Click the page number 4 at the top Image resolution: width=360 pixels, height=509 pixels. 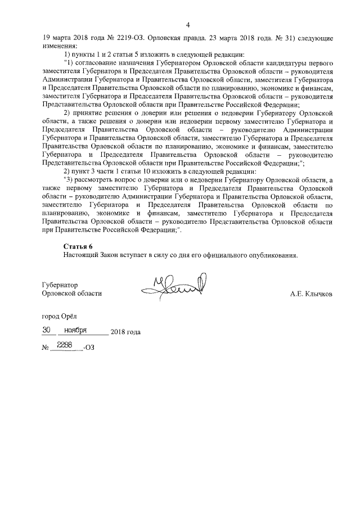click(x=188, y=24)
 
